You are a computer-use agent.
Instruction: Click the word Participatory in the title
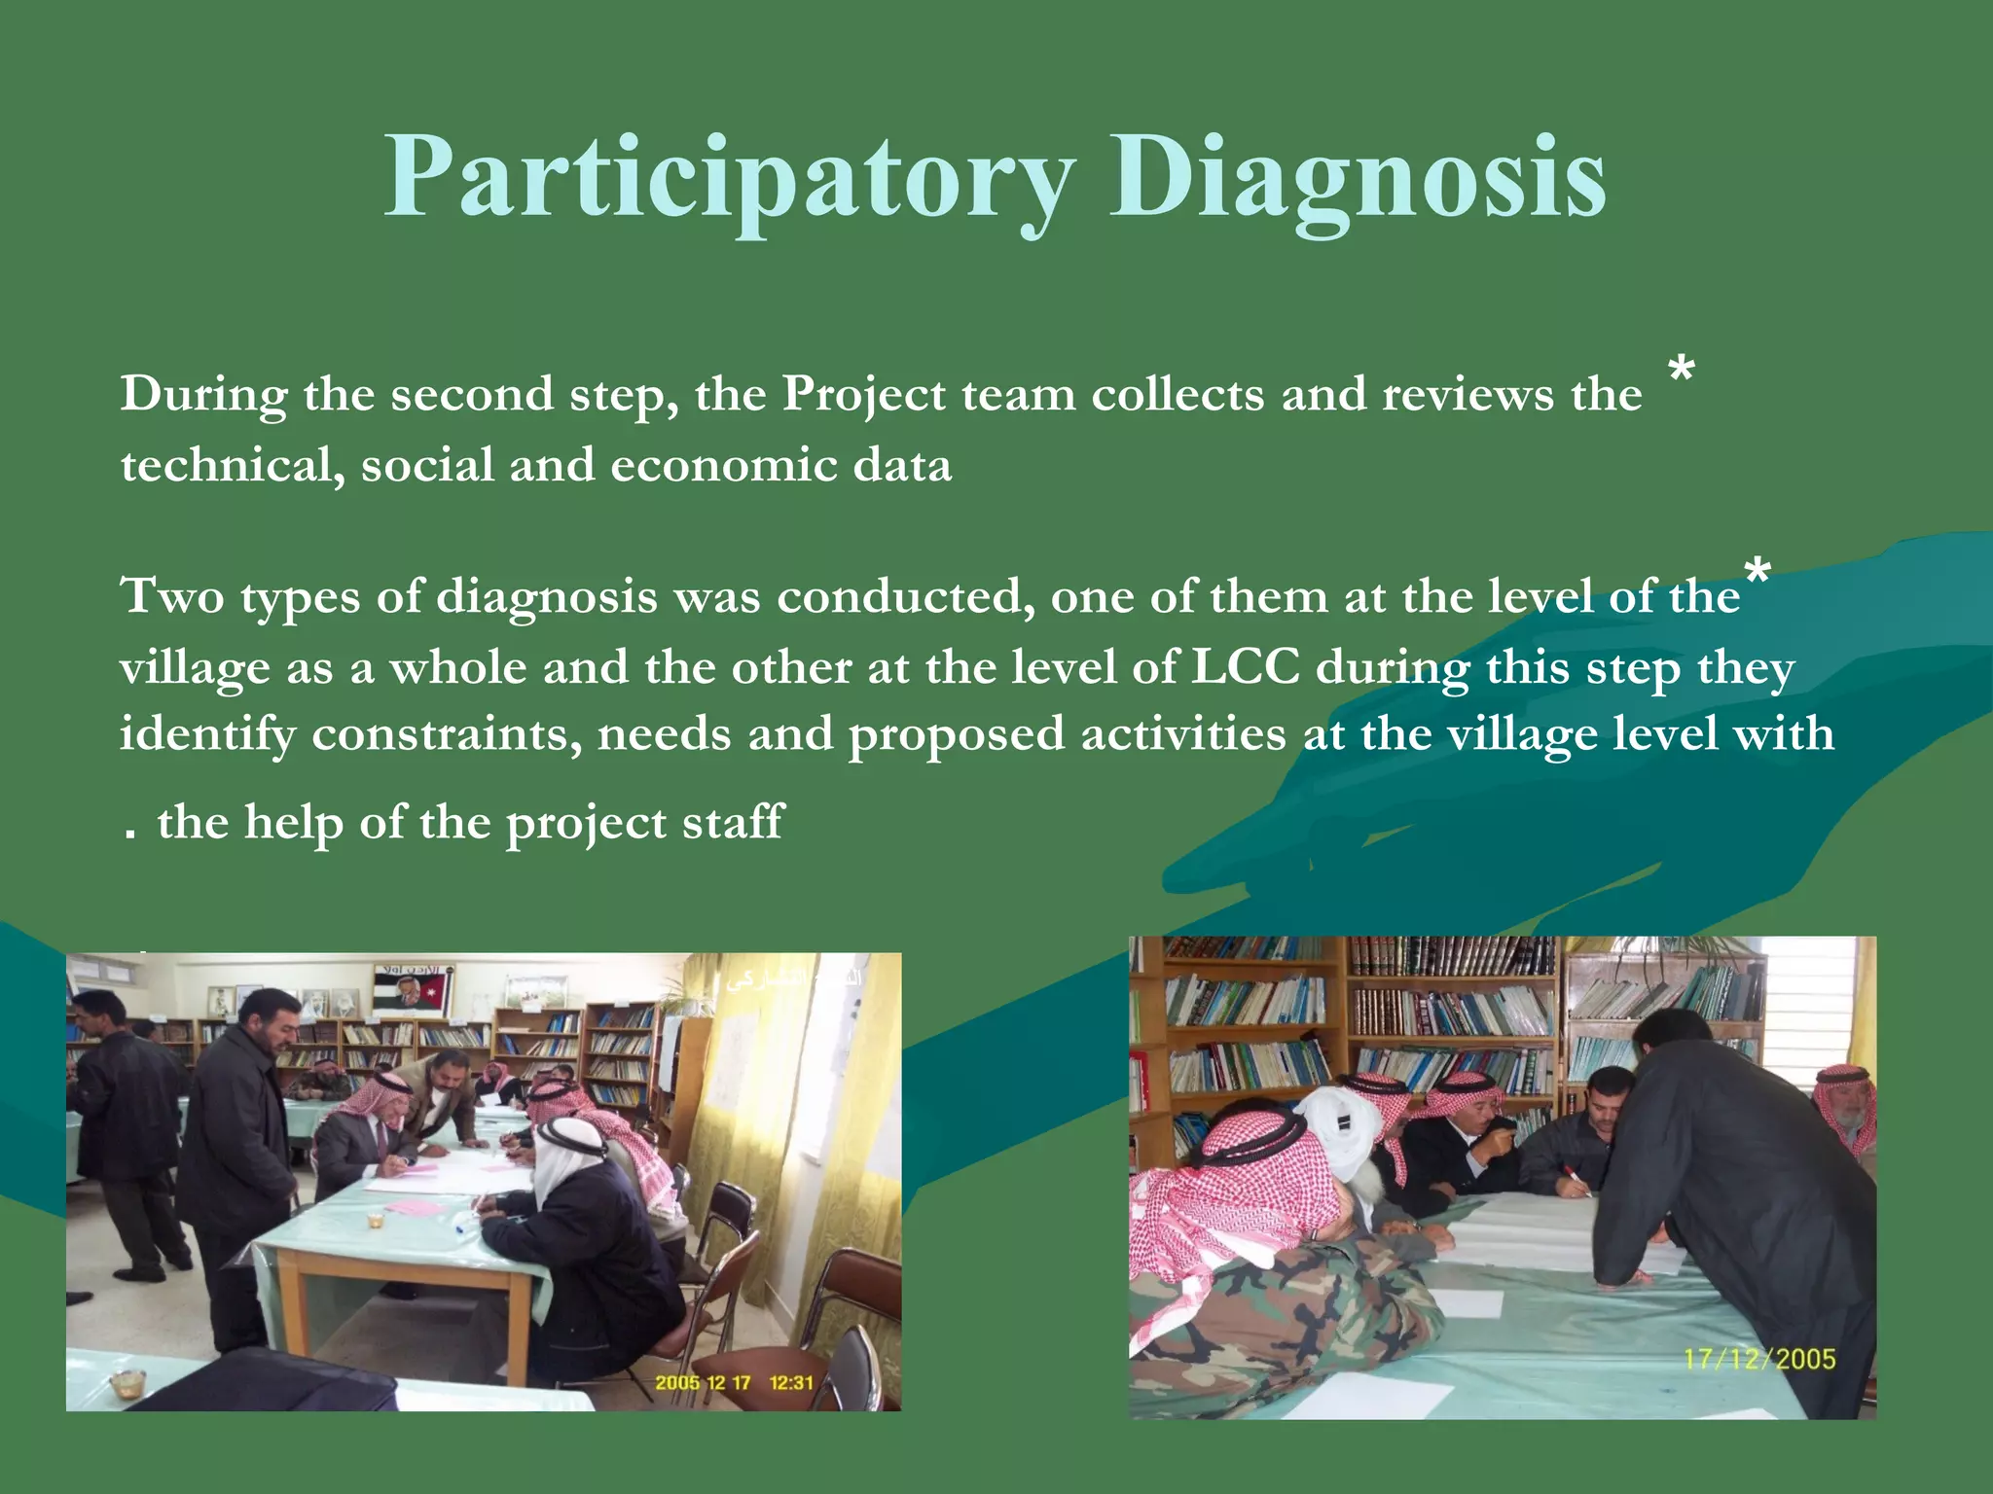tap(730, 178)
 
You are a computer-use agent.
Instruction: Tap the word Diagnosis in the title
tap(1358, 178)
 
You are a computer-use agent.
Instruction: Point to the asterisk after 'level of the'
tap(1757, 573)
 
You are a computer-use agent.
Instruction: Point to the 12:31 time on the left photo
tap(791, 1382)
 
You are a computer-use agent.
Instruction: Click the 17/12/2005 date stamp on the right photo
tap(1759, 1359)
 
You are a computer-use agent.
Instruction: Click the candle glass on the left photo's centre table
tap(375, 1220)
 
